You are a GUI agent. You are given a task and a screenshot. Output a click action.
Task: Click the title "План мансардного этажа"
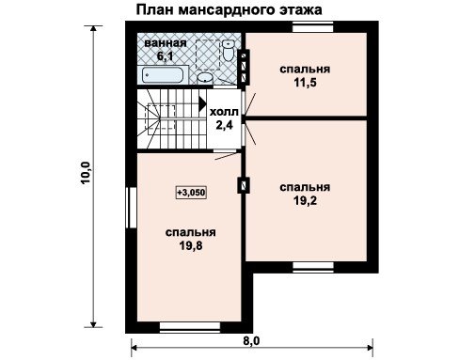(229, 9)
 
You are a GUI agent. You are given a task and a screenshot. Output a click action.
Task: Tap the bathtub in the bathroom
(162, 75)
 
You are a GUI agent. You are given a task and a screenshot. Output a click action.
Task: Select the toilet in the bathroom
(229, 50)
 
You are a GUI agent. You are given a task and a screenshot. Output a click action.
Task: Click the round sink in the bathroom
(205, 78)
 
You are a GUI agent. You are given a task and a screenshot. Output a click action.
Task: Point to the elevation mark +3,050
(191, 192)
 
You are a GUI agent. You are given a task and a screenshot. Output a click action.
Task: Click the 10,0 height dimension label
(86, 173)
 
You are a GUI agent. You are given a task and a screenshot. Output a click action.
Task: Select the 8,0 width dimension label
(251, 340)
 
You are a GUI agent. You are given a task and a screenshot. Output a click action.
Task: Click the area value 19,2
(305, 201)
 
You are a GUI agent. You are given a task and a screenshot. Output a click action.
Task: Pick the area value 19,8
(191, 246)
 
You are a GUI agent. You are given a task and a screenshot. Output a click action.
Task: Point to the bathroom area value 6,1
(166, 56)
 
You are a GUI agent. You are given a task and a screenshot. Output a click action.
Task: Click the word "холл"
(224, 112)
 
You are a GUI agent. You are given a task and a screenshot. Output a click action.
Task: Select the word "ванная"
(166, 43)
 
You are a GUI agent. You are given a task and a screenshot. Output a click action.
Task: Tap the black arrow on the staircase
(202, 103)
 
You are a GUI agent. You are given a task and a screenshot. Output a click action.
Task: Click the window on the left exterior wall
(131, 208)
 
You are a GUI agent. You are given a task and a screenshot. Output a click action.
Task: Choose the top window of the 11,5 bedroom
(312, 27)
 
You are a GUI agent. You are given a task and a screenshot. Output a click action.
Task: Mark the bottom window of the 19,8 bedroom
(190, 327)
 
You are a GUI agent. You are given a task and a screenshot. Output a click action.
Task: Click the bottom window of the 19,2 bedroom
(313, 267)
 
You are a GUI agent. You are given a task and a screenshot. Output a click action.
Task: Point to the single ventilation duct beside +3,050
(244, 185)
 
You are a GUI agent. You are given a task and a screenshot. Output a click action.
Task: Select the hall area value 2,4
(224, 125)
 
